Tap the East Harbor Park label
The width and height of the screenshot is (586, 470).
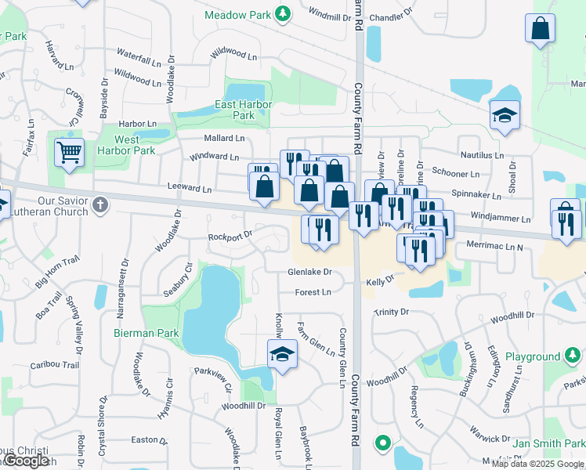click(244, 110)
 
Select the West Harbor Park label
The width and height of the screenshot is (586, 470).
click(125, 145)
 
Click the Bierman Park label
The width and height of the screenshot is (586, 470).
click(146, 333)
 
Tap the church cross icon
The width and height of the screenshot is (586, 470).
click(99, 205)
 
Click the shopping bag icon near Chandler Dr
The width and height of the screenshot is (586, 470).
click(541, 29)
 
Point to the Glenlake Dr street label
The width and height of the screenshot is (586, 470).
click(310, 272)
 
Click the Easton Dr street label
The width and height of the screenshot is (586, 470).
click(150, 439)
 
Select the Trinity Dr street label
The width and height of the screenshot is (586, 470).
click(391, 312)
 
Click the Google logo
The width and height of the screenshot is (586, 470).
click(26, 461)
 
